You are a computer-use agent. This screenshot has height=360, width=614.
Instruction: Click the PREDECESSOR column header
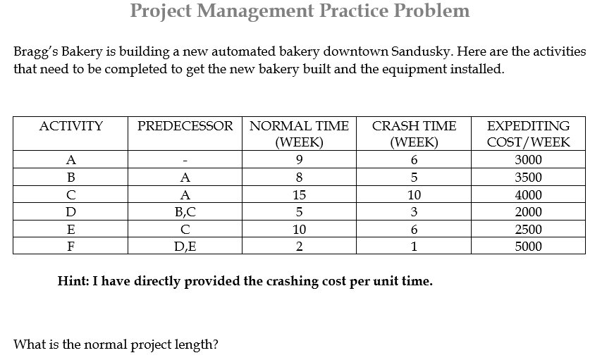(185, 127)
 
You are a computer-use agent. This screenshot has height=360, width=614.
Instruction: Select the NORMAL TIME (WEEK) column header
(299, 134)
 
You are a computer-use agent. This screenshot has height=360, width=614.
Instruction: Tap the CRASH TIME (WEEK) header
(414, 134)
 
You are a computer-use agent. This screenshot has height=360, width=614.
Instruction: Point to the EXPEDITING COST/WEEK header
(529, 134)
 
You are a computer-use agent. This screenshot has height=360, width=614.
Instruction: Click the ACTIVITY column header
(70, 127)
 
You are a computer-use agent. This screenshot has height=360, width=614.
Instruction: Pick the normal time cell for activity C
(299, 195)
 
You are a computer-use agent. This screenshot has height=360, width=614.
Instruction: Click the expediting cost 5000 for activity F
(529, 247)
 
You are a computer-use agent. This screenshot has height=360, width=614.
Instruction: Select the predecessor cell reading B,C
(185, 212)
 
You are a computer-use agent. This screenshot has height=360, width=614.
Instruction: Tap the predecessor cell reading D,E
(185, 247)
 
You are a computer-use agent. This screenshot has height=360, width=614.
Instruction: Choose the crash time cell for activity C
(414, 195)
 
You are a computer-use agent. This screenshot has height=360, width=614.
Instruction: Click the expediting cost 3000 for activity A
(529, 160)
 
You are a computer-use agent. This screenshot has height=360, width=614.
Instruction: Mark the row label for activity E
(70, 230)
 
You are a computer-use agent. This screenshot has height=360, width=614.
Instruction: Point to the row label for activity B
(70, 178)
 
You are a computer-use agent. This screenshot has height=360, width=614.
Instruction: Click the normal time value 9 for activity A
(299, 160)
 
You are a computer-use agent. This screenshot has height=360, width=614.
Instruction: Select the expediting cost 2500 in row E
(529, 230)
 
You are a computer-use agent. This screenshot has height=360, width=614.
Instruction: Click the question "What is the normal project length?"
(116, 345)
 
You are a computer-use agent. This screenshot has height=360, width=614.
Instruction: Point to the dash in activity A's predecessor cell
(185, 161)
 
